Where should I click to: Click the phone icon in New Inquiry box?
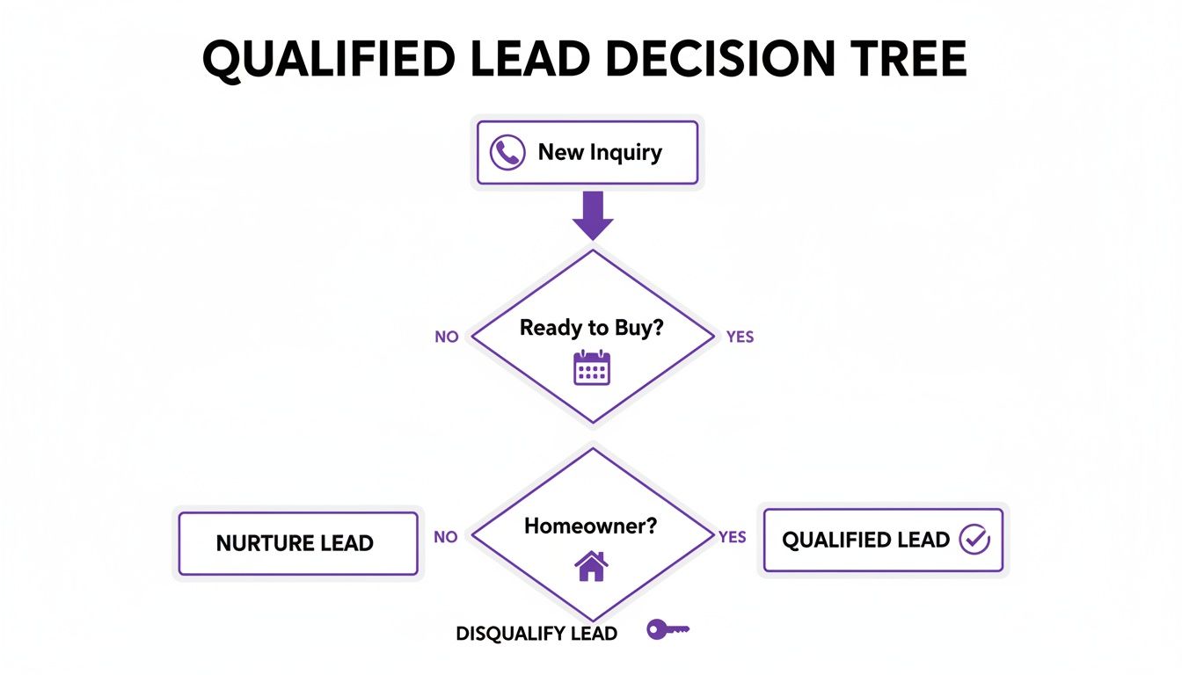pyautogui.click(x=507, y=153)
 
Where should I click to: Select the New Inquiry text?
pyautogui.click(x=600, y=153)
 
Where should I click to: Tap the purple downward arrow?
pyautogui.click(x=593, y=216)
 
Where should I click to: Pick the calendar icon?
pyautogui.click(x=592, y=367)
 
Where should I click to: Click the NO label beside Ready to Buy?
pyautogui.click(x=447, y=337)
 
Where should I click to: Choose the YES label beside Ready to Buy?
pyautogui.click(x=741, y=337)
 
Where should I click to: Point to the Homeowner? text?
pyautogui.click(x=591, y=526)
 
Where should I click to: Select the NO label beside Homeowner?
pyautogui.click(x=446, y=537)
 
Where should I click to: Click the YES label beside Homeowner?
pyautogui.click(x=733, y=537)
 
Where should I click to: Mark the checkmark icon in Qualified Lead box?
pyautogui.click(x=974, y=540)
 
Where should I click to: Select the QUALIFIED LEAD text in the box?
pyautogui.click(x=865, y=540)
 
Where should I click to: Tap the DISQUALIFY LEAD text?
pyautogui.click(x=536, y=633)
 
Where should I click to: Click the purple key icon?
pyautogui.click(x=668, y=629)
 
